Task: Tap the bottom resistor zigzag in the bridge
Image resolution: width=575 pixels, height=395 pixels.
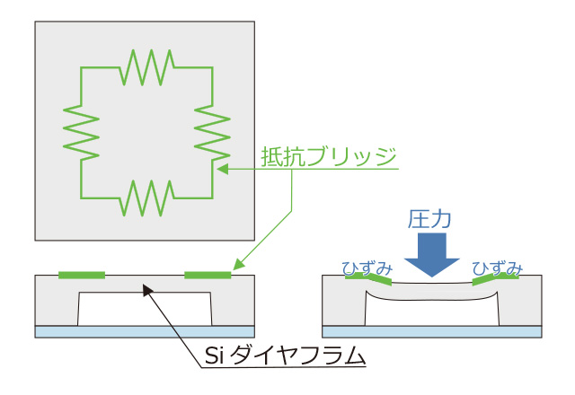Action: click(x=147, y=197)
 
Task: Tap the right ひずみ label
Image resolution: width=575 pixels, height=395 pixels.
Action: click(x=498, y=267)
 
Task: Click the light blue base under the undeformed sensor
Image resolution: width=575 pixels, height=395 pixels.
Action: click(x=144, y=331)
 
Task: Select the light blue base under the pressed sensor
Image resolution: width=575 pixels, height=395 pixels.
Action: click(x=431, y=331)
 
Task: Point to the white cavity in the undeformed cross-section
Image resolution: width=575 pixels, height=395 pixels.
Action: click(x=144, y=309)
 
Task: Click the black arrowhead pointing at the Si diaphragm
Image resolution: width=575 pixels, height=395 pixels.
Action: click(x=147, y=287)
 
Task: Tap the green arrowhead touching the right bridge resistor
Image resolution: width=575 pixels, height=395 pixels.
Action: click(x=221, y=167)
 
